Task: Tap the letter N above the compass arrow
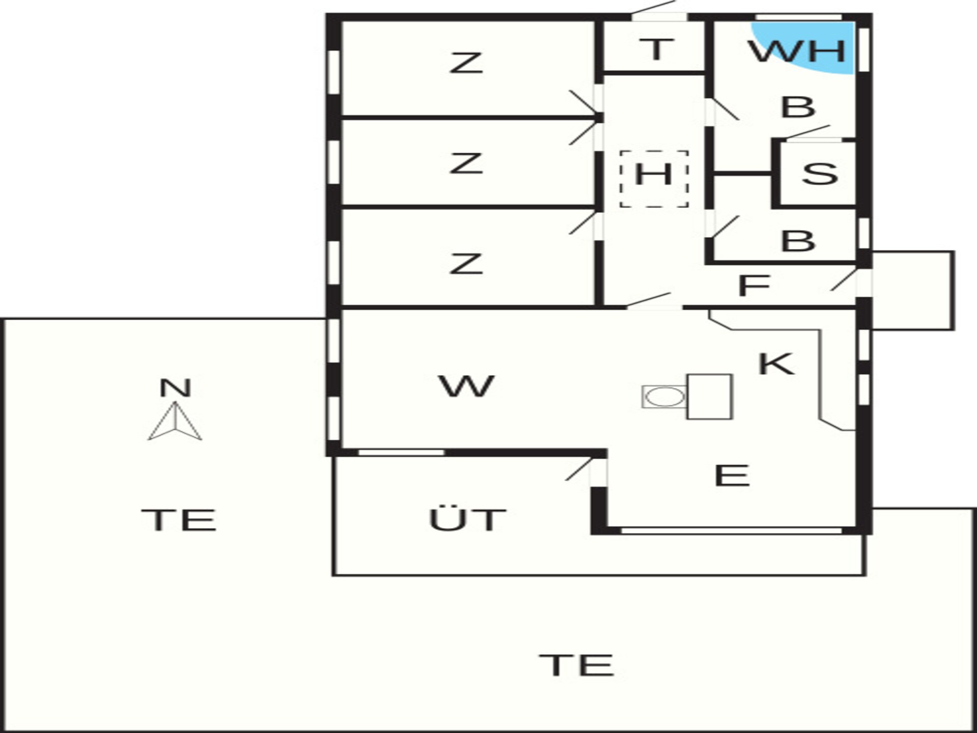click(x=175, y=388)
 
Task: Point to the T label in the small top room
click(x=656, y=49)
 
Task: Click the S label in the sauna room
click(x=820, y=173)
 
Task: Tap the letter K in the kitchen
click(x=776, y=363)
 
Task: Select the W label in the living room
click(x=466, y=386)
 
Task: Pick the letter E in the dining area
click(x=732, y=475)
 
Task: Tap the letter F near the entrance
click(x=754, y=286)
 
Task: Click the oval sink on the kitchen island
click(x=665, y=397)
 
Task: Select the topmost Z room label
click(x=466, y=64)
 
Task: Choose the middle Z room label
click(x=466, y=163)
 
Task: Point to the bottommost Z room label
click(x=466, y=264)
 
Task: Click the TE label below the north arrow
click(x=179, y=520)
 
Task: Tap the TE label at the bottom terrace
click(x=577, y=665)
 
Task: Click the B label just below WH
click(x=798, y=107)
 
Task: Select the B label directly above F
click(x=798, y=241)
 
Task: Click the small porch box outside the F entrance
click(x=913, y=291)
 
